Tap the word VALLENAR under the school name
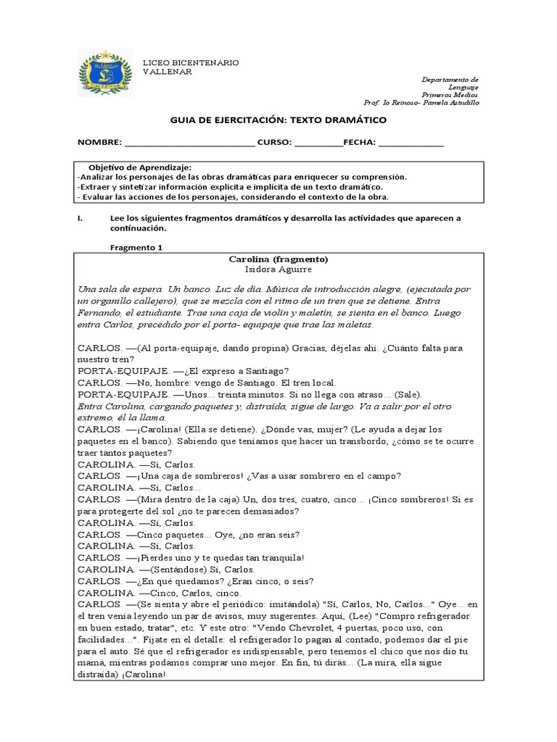coord(168,72)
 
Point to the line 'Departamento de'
coord(450,79)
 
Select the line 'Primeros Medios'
coord(450,95)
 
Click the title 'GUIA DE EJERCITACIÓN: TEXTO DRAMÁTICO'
coord(278,120)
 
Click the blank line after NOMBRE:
coord(190,143)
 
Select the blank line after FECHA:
coord(410,143)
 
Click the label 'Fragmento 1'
coord(136,247)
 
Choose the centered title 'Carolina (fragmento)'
coord(278,259)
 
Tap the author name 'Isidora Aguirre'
coord(278,269)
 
